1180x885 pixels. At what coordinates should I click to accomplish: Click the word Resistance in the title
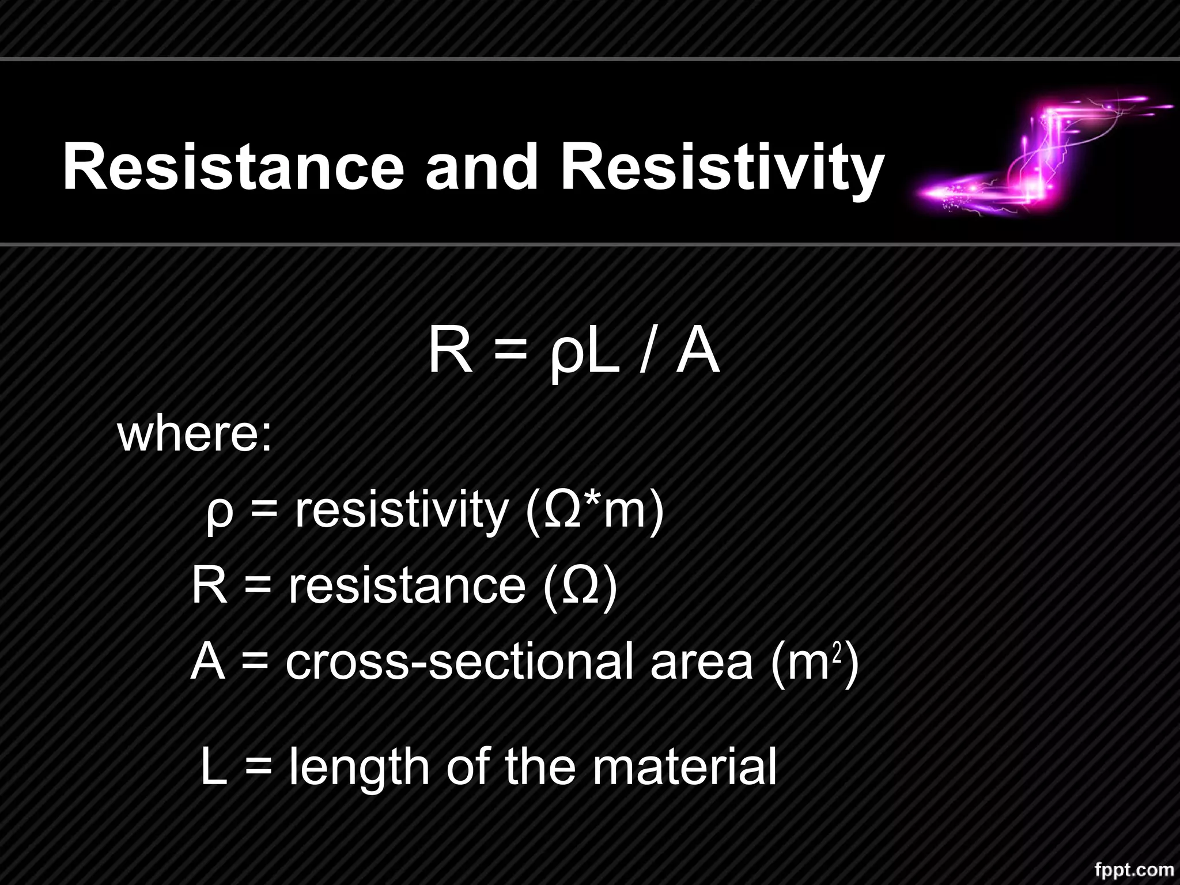click(x=233, y=168)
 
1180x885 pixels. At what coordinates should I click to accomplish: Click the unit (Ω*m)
click(x=595, y=511)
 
